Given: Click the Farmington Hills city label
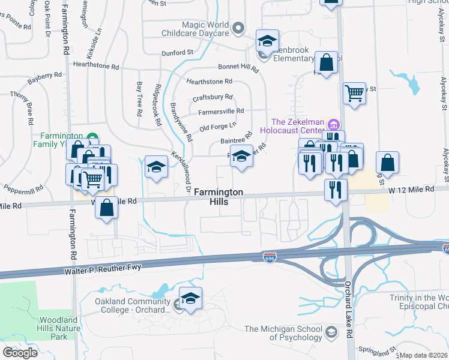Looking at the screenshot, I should pyautogui.click(x=218, y=198).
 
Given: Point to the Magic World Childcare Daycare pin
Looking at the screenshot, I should pyautogui.click(x=238, y=27).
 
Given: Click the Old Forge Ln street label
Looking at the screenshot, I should pyautogui.click(x=218, y=127).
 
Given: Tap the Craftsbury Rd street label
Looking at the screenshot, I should pyautogui.click(x=212, y=97).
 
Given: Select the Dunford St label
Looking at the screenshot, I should pyautogui.click(x=176, y=52).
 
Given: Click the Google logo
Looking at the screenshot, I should pyautogui.click(x=20, y=352).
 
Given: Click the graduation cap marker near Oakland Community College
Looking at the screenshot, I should pyautogui.click(x=190, y=299).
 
